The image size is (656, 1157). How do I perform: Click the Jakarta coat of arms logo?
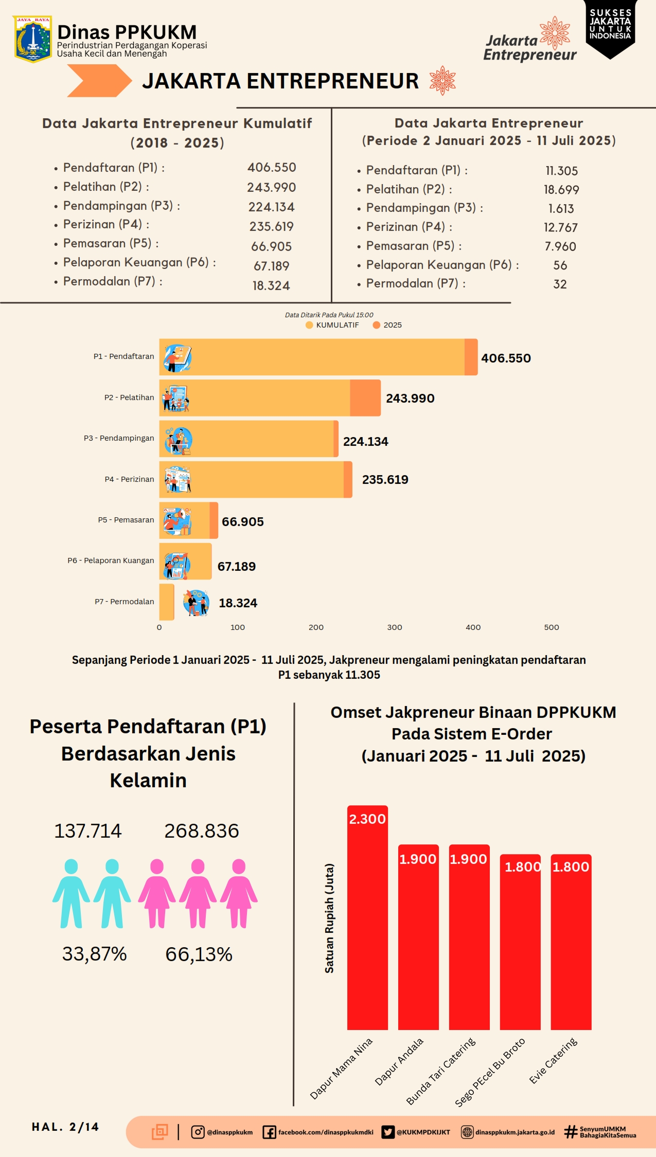[x=32, y=39]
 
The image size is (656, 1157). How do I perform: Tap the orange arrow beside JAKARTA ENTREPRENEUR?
[x=99, y=81]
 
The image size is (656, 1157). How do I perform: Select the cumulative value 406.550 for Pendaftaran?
[x=272, y=168]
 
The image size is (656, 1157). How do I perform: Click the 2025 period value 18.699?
[x=561, y=190]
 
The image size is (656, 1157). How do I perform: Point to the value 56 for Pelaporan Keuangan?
[x=560, y=265]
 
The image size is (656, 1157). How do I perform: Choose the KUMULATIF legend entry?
[x=332, y=325]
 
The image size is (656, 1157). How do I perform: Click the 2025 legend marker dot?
[x=377, y=325]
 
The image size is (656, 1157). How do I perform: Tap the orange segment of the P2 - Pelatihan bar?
[x=365, y=398]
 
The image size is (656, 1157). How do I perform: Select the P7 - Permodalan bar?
[x=167, y=602]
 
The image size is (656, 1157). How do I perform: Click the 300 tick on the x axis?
[x=395, y=627]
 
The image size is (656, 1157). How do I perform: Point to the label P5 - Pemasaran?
[x=126, y=520]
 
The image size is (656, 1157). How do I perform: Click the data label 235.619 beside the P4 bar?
[x=385, y=480]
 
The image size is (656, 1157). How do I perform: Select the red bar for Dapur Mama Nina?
[x=367, y=918]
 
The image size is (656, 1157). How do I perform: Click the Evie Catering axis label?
[x=554, y=1060]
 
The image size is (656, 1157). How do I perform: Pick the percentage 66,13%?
[x=199, y=954]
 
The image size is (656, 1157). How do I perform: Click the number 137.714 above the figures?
[x=88, y=831]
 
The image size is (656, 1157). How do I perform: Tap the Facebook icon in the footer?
[x=269, y=1132]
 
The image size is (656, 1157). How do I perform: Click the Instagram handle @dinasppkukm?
[x=229, y=1132]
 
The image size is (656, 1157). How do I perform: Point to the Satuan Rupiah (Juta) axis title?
[x=329, y=918]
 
